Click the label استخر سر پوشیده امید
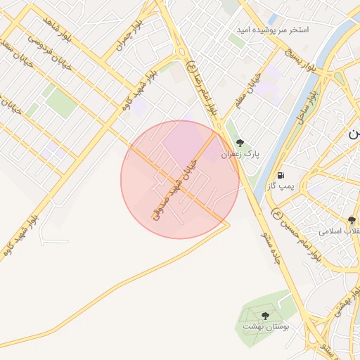point(283,31)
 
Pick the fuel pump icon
point(281,174)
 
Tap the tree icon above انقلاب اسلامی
point(352,220)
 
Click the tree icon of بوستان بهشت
point(265,316)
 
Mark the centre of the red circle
point(179,179)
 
